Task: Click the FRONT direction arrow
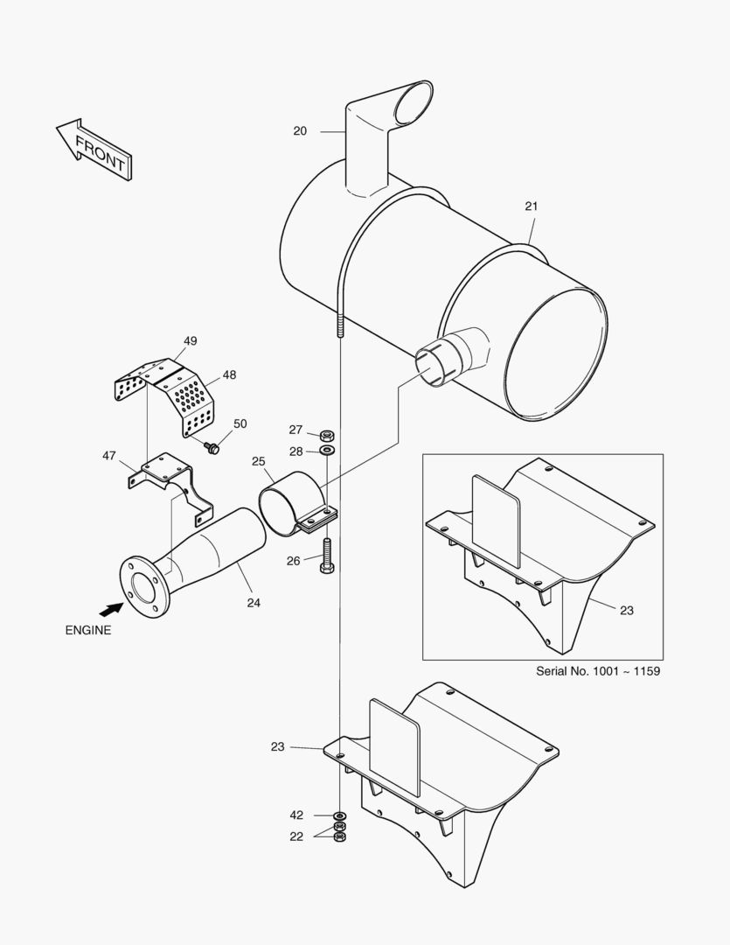click(x=94, y=150)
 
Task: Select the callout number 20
click(x=300, y=131)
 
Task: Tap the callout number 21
click(x=531, y=206)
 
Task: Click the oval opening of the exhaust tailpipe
click(x=412, y=102)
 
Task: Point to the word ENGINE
click(x=88, y=630)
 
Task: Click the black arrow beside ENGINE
click(x=109, y=607)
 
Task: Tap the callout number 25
click(x=259, y=461)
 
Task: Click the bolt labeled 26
click(x=326, y=556)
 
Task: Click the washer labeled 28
click(x=326, y=450)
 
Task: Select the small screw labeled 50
click(x=211, y=447)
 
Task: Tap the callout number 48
click(x=229, y=374)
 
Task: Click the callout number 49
click(x=191, y=341)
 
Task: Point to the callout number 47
click(x=109, y=455)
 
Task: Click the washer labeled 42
click(x=339, y=815)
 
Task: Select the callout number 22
click(x=296, y=836)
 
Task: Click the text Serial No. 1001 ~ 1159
click(x=597, y=671)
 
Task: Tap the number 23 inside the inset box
click(x=626, y=611)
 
